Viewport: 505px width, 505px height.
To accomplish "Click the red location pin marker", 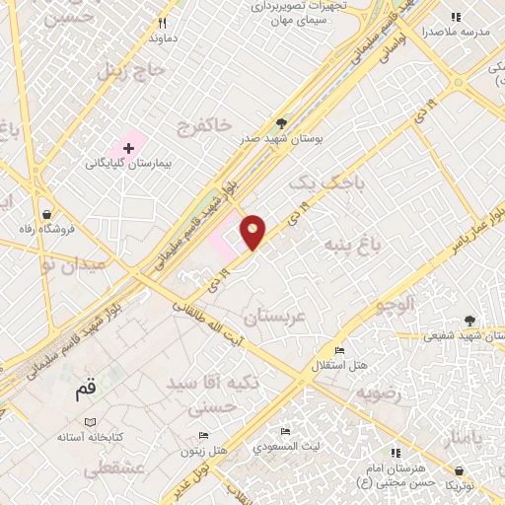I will pyautogui.click(x=253, y=231).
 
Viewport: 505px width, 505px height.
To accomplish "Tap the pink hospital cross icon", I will pyautogui.click(x=128, y=147).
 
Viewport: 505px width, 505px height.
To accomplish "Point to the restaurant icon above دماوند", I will pyautogui.click(x=164, y=23).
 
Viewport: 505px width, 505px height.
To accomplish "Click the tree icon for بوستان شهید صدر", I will pyautogui.click(x=282, y=123).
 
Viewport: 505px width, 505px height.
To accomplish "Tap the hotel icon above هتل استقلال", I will pyautogui.click(x=339, y=350).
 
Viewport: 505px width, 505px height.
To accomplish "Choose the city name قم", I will pyautogui.click(x=87, y=391).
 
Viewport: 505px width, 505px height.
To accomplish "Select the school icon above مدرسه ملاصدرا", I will pyautogui.click(x=455, y=17).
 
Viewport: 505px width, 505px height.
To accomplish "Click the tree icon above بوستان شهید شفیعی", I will pyautogui.click(x=469, y=320).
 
